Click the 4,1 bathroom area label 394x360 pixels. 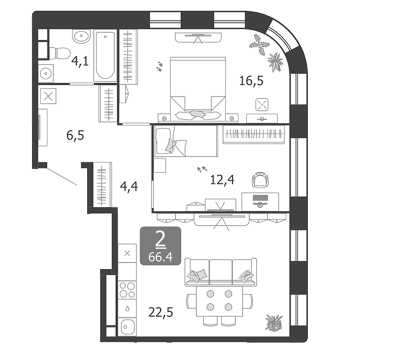(80, 61)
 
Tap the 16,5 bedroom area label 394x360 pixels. (251, 81)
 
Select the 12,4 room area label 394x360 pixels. (222, 180)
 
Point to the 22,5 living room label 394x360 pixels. (161, 313)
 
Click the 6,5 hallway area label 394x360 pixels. (75, 135)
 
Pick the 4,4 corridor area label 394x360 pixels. (129, 187)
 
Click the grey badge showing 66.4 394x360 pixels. (160, 246)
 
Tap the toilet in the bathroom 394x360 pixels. (60, 53)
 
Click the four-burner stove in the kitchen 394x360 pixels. (127, 290)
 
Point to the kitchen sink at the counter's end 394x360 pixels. (127, 327)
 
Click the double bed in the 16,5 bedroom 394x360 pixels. (198, 89)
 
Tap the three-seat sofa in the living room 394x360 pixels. (220, 272)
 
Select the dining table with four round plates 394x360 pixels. (219, 301)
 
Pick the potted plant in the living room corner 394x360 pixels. (274, 322)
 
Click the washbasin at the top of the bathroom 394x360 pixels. (81, 36)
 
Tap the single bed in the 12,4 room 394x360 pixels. (186, 141)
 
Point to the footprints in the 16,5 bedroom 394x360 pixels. (159, 66)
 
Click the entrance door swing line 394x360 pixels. (62, 176)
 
